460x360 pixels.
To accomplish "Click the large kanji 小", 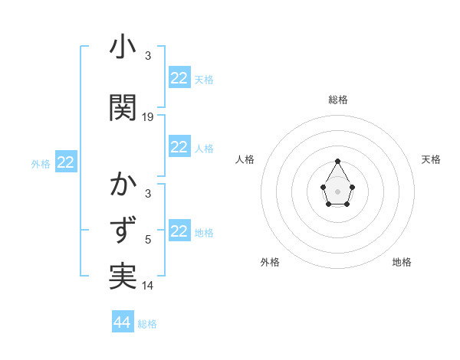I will click(123, 47).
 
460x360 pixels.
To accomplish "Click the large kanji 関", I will click(123, 108).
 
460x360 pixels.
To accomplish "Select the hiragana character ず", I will click(123, 231).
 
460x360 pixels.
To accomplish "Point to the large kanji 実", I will click(123, 277).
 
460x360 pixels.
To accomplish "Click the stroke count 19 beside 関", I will click(148, 117).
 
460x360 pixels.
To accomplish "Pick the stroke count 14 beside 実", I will click(148, 286).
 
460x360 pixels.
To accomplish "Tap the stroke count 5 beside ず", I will click(148, 240).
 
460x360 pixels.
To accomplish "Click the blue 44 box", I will click(123, 322).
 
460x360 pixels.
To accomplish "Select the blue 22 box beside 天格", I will click(179, 78).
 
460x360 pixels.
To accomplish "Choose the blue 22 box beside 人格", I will click(179, 147).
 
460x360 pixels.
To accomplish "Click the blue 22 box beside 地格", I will click(179, 231).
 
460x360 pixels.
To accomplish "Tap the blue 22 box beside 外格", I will click(66, 162).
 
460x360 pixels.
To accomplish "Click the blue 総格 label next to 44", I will click(147, 323).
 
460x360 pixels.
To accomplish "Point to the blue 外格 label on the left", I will click(41, 163).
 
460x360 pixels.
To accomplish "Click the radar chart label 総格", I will click(338, 100).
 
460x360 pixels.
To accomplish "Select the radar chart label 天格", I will click(431, 159).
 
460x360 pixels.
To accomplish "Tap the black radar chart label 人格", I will click(245, 159).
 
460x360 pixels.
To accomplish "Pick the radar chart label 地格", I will click(402, 262).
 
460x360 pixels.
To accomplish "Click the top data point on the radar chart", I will click(338, 161).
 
